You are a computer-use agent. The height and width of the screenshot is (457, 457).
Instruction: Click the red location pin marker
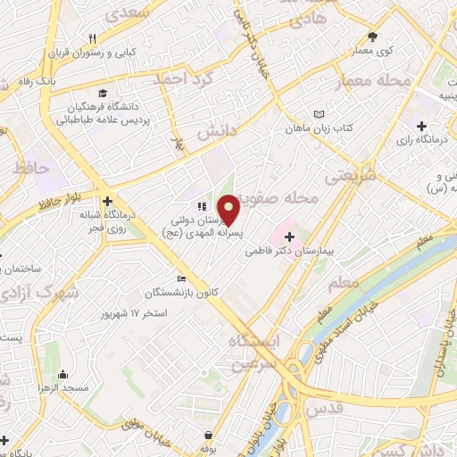[229, 209]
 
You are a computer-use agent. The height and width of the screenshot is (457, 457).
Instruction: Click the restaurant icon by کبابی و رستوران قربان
[92, 38]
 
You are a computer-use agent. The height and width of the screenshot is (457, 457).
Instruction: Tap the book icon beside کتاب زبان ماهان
[319, 113]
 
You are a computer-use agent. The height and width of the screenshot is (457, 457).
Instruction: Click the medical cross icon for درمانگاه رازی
[433, 126]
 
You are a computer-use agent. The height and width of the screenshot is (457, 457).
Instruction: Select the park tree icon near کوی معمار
[373, 37]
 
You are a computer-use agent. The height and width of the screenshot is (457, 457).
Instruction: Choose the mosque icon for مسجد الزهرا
[62, 375]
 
